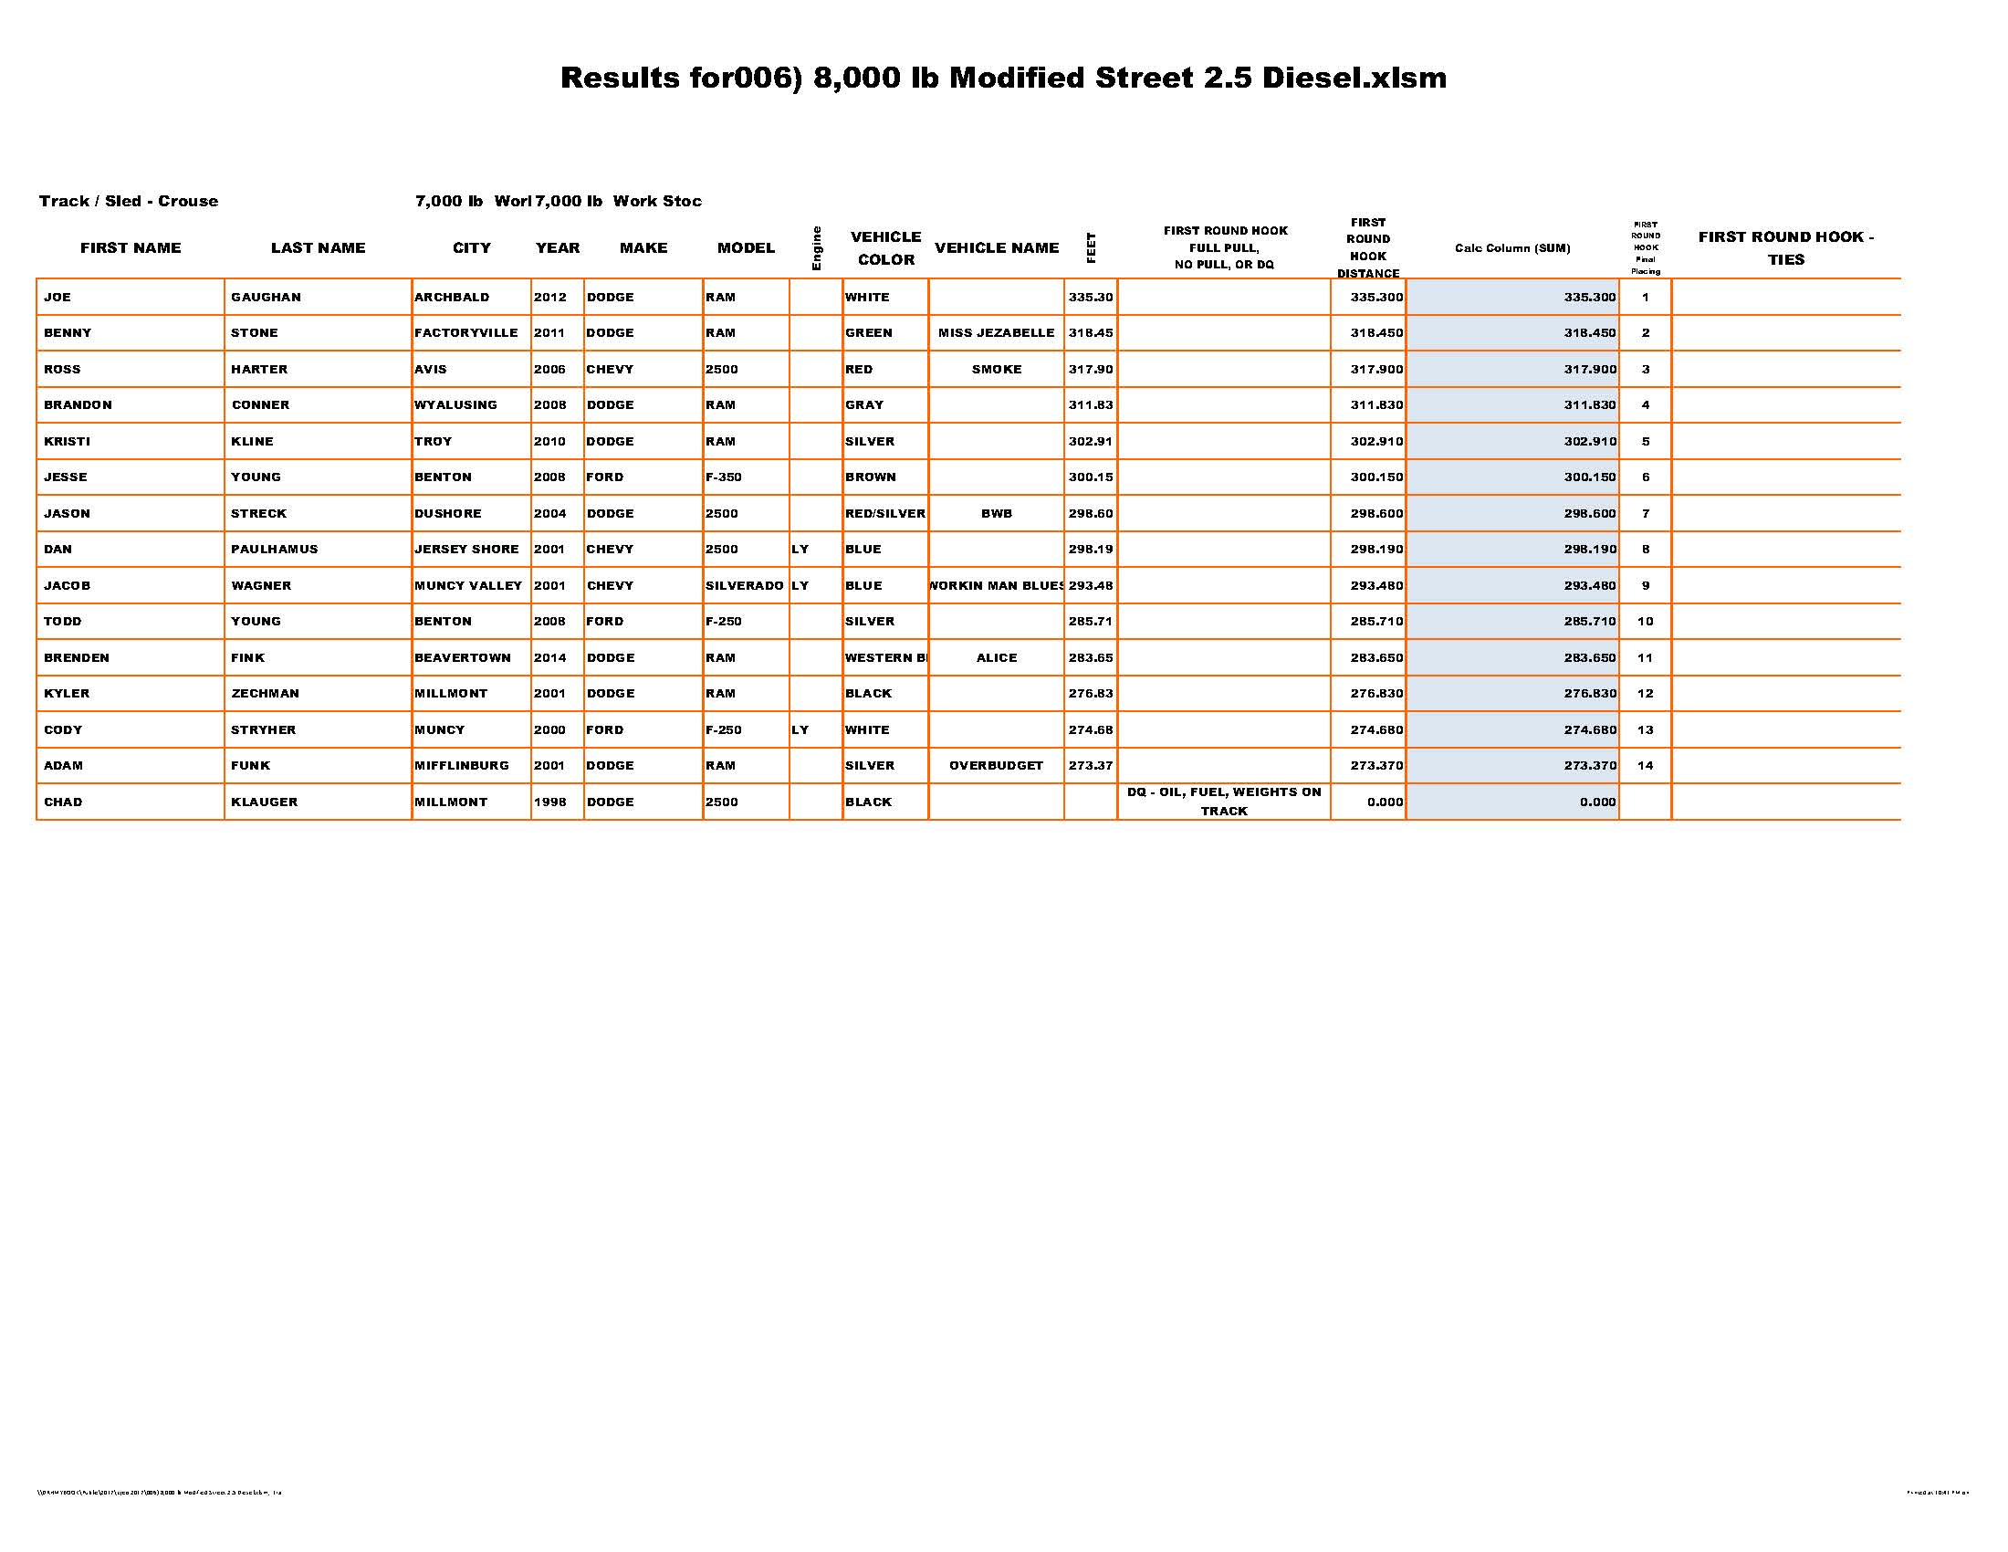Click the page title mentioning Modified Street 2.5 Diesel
click(1003, 79)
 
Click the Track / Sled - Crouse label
click(129, 202)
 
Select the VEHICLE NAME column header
click(997, 248)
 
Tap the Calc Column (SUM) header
click(1512, 248)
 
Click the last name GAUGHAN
click(266, 298)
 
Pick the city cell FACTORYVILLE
click(466, 333)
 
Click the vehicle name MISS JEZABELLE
click(997, 333)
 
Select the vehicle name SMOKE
click(997, 370)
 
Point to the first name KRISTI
click(68, 441)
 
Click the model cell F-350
click(724, 477)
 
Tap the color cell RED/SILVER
click(885, 514)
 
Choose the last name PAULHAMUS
click(274, 550)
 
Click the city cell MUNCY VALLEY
click(468, 586)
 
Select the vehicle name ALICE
click(997, 658)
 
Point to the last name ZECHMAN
click(265, 694)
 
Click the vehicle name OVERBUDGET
click(997, 766)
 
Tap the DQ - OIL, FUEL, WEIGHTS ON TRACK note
click(1224, 802)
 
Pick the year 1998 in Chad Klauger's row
click(549, 802)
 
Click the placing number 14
click(1646, 766)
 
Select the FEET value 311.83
click(1091, 405)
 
